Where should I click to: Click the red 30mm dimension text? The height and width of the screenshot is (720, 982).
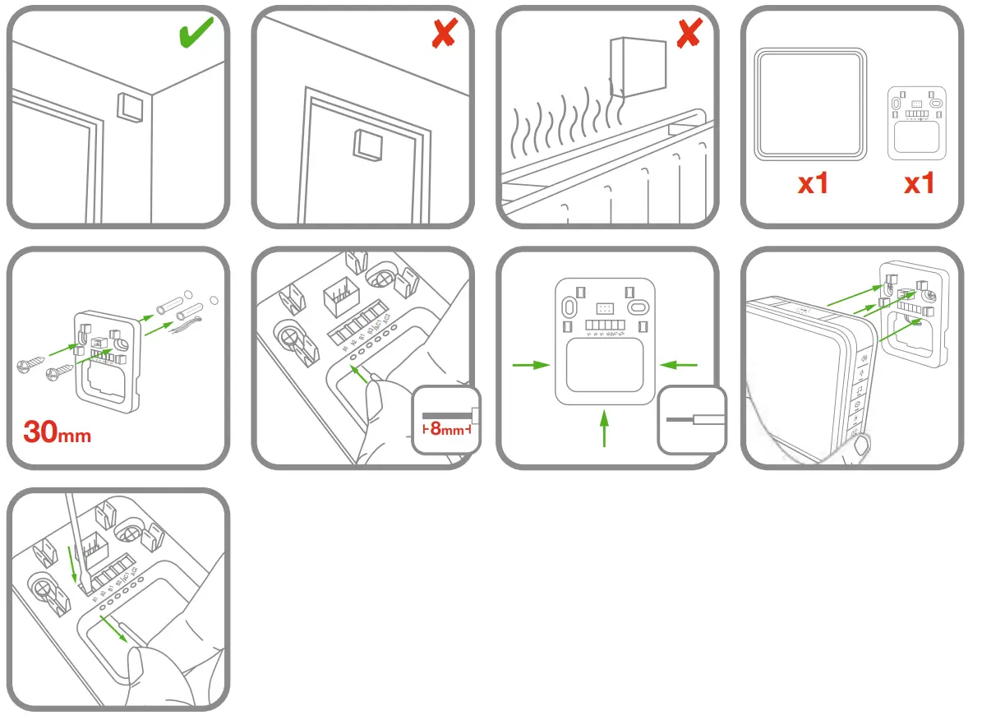[57, 431]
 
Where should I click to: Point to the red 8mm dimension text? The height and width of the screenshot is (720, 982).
[448, 428]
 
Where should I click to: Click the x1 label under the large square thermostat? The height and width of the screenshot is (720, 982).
[812, 183]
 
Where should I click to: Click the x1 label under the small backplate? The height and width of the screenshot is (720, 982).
[919, 183]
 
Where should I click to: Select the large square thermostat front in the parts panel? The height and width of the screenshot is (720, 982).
[810, 103]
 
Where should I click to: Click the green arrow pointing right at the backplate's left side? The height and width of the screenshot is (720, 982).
[530, 365]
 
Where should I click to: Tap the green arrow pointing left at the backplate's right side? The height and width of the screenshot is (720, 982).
[679, 364]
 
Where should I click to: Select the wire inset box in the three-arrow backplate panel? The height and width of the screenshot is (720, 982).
[692, 419]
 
